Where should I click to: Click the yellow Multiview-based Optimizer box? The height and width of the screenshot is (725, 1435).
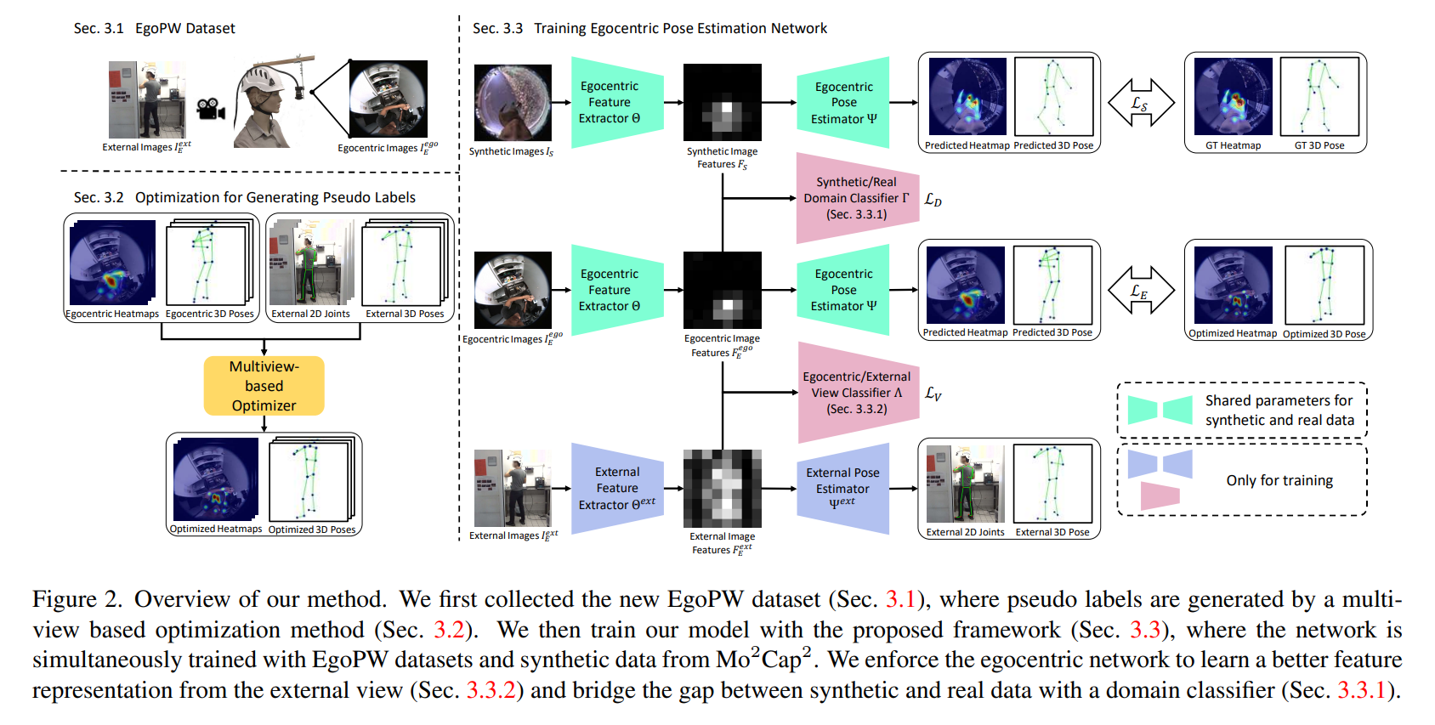264,386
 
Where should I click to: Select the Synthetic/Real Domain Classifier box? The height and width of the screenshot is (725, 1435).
857,198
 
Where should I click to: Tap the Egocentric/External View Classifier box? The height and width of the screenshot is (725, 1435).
858,393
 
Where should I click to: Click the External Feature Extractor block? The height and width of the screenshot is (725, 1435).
617,488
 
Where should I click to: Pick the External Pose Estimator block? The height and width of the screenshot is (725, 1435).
842,488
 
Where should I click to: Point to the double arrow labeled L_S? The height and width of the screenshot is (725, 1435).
1141,103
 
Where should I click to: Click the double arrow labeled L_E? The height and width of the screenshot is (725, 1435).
1141,290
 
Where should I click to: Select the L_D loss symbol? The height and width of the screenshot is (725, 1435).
933,200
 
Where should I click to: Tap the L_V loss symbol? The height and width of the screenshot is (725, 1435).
933,394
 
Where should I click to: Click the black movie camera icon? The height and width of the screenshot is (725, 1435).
211,110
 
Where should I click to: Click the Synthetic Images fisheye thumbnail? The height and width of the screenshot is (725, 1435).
513,103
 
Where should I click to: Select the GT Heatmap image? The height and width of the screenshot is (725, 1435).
1234,97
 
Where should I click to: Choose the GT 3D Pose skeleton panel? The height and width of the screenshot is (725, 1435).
1319,97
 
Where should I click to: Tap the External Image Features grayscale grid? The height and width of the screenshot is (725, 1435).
723,488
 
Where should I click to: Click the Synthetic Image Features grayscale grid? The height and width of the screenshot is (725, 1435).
723,103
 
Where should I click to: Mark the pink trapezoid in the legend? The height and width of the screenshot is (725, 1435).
1160,496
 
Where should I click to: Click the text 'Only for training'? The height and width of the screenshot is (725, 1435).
1279,480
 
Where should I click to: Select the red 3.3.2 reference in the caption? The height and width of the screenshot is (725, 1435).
491,690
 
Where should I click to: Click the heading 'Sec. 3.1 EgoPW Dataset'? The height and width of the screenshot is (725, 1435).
155,28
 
